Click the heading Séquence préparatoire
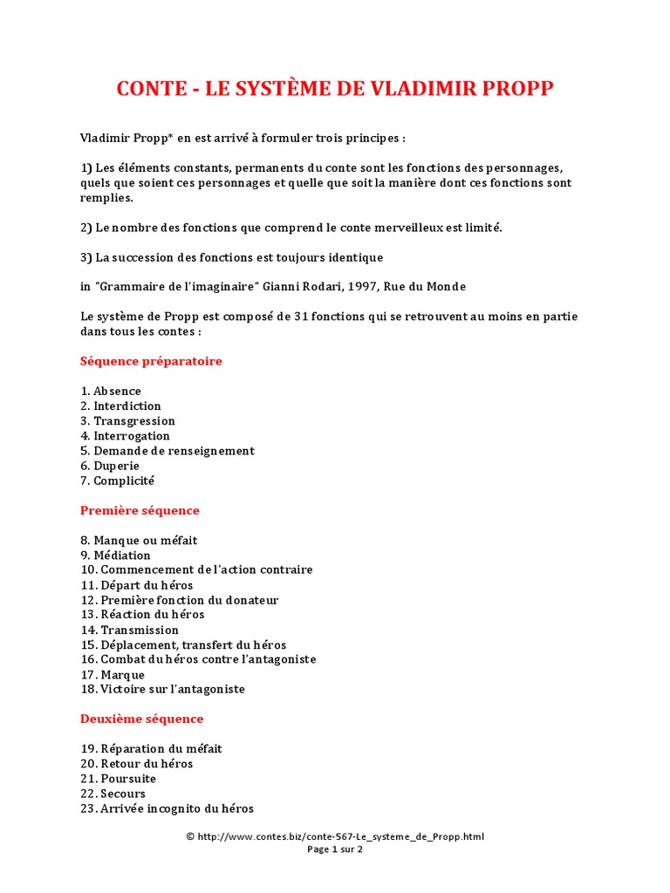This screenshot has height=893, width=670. (151, 361)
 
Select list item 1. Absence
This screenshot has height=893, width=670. (111, 391)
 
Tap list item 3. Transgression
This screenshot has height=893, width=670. (127, 420)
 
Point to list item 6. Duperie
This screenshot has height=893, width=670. (110, 466)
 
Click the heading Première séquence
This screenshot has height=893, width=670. (140, 510)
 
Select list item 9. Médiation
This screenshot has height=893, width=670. (115, 555)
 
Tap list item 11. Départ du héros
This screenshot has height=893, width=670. (136, 585)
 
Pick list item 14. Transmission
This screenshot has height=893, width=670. (129, 630)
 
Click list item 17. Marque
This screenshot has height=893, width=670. (113, 674)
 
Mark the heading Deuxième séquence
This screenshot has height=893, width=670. (141, 719)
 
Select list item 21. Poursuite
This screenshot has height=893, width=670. (119, 778)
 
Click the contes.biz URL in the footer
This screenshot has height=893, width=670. (340, 836)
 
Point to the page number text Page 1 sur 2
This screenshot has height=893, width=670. (335, 849)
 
